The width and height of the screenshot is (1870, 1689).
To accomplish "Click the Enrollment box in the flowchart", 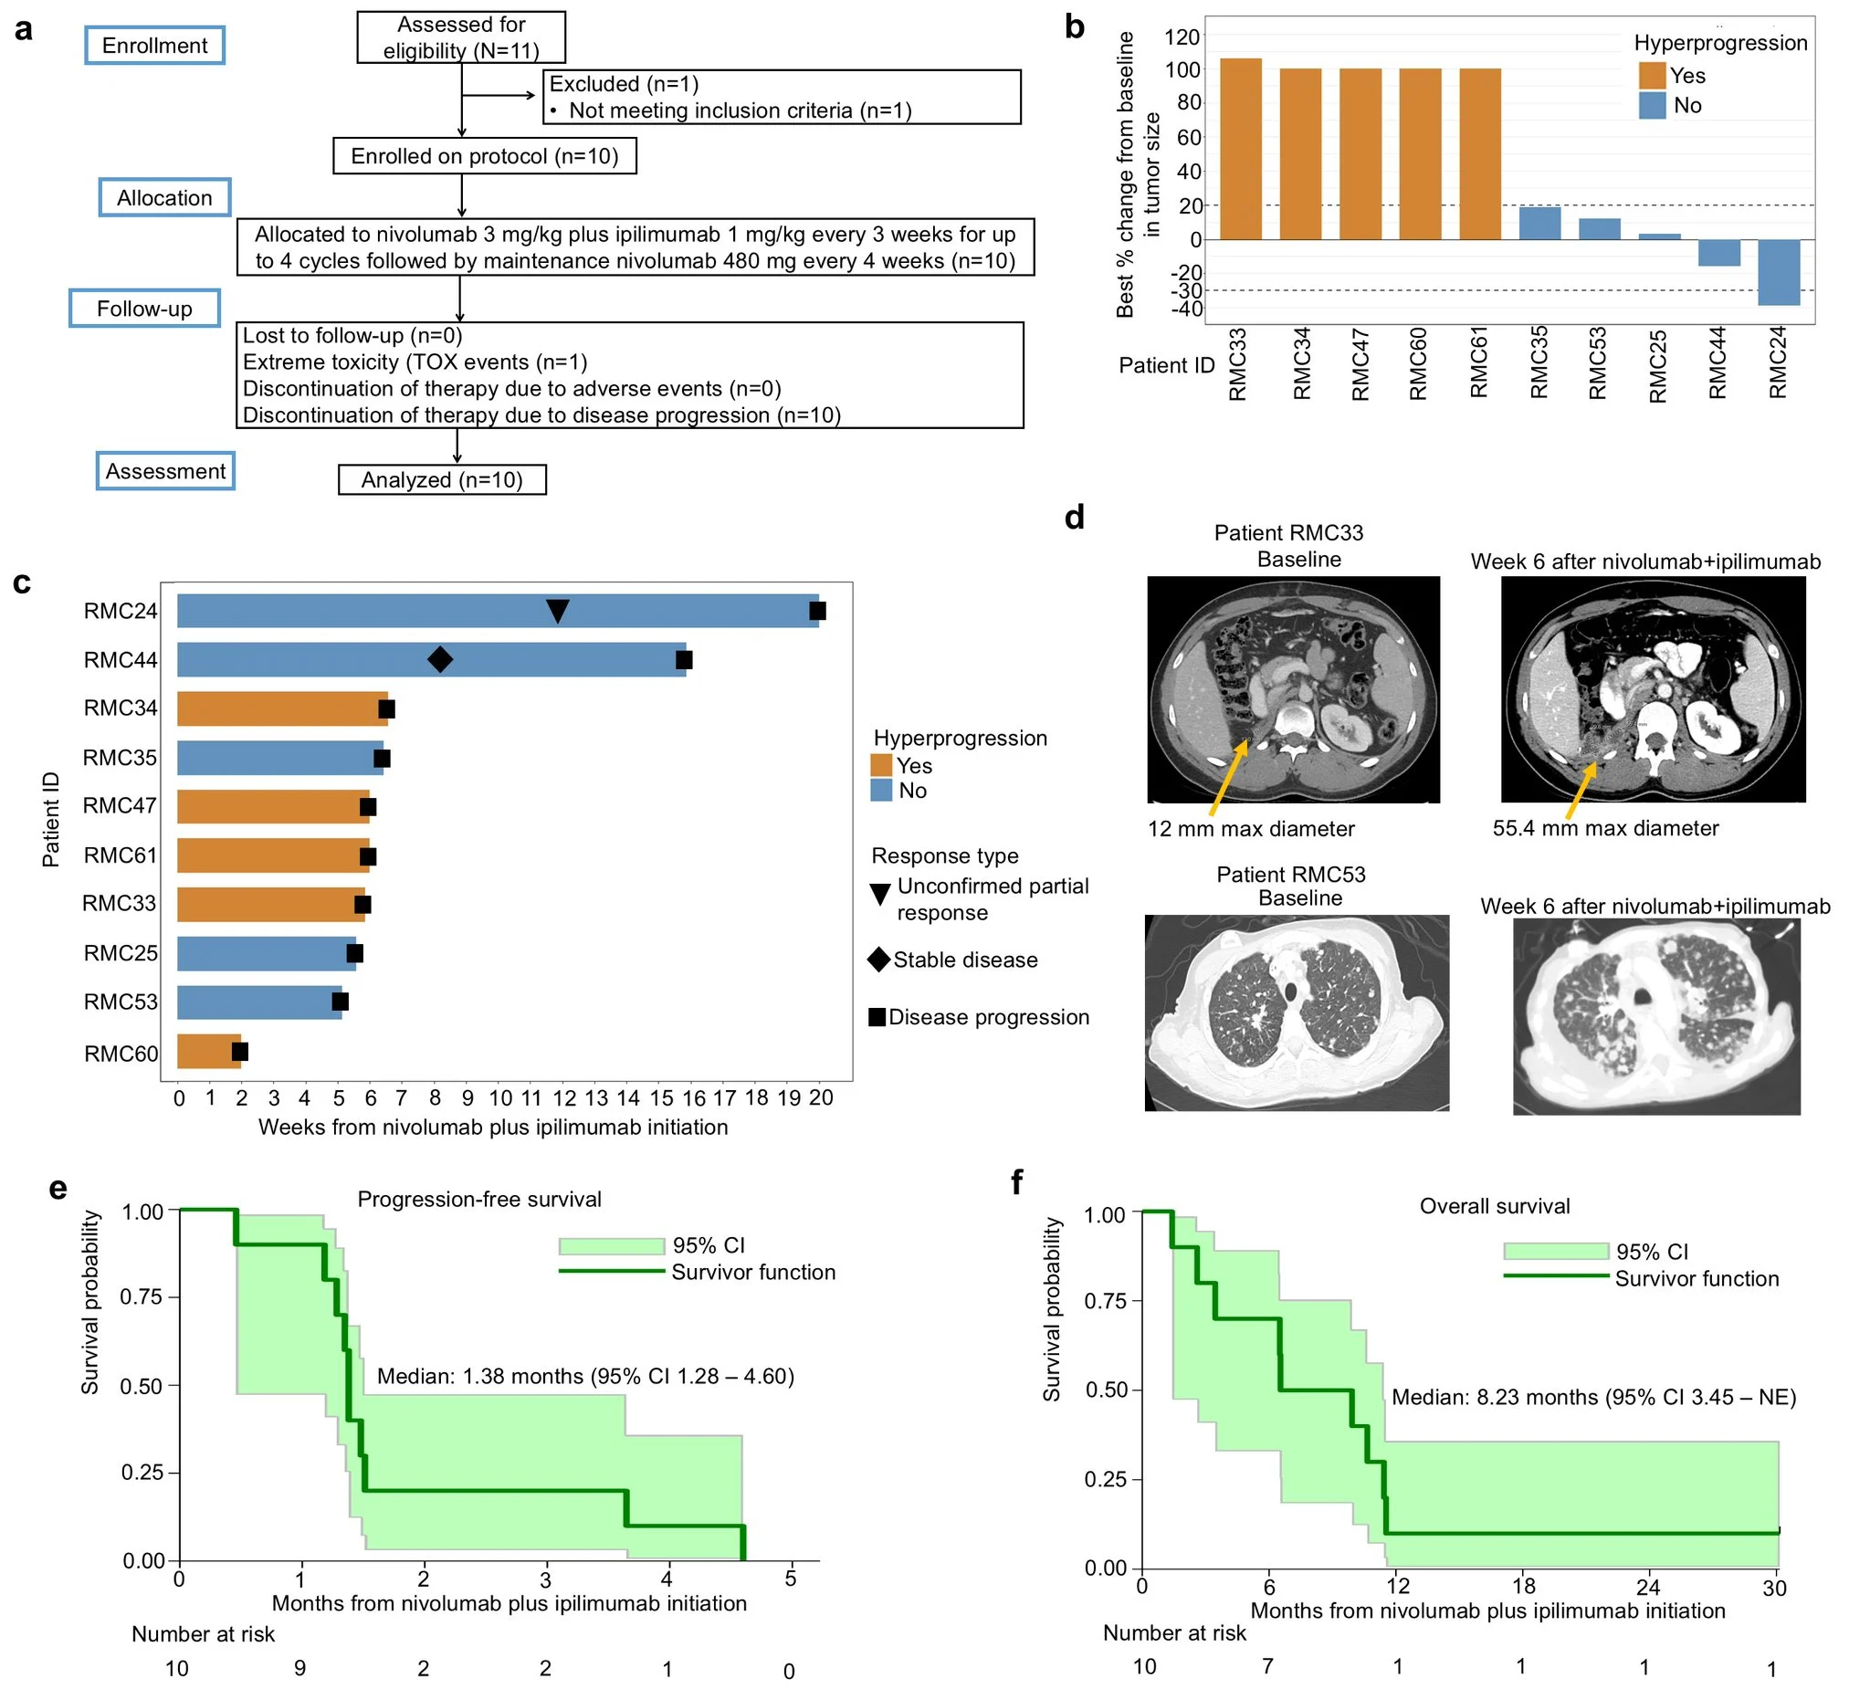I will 155,46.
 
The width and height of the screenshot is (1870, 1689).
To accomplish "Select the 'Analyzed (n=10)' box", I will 442,480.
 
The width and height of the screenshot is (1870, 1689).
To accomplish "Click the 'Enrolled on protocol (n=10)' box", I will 484,156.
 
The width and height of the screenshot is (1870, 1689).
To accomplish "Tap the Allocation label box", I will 164,197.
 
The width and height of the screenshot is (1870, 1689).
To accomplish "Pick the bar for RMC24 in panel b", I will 1778,273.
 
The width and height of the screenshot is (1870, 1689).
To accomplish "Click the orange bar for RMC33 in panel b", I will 1240,149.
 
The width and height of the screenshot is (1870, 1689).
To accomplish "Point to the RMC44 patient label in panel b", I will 1717,362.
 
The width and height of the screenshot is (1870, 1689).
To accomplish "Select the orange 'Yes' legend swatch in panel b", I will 1652,75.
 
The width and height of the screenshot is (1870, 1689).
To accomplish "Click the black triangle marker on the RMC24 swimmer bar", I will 557,610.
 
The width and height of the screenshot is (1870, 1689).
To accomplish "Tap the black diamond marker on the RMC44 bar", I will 440,659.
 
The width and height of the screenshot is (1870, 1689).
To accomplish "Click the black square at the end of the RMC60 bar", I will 239,1051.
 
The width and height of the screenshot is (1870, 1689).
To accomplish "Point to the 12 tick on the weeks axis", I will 563,1098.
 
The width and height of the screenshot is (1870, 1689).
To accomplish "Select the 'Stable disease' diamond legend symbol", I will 878,960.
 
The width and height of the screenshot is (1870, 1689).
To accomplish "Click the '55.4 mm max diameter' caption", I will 1605,828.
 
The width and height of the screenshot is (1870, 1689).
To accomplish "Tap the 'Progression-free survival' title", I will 478,1200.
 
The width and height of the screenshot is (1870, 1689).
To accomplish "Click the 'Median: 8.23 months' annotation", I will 1592,1397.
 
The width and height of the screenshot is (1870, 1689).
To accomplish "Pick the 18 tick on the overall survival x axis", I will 1523,1587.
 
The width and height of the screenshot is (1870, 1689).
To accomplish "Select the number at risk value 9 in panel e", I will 299,1669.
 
